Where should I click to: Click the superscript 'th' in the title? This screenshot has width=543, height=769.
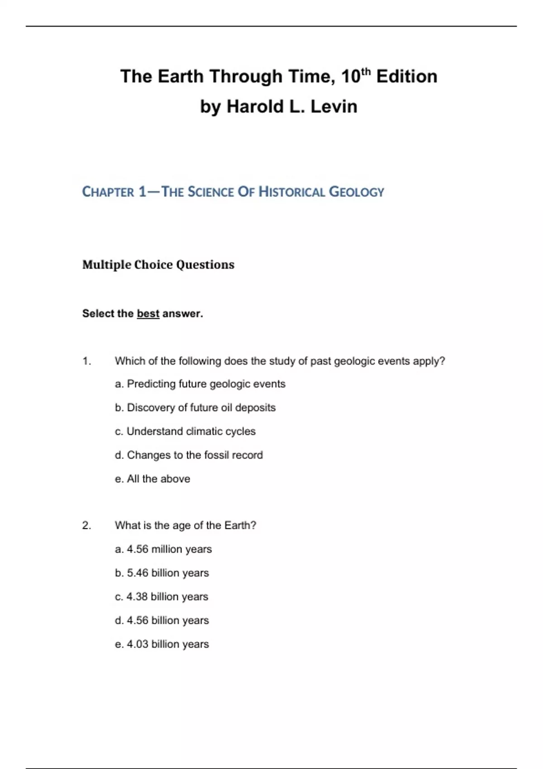click(x=366, y=71)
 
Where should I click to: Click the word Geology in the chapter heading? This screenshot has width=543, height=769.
click(x=356, y=192)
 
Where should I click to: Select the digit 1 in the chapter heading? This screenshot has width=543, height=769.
click(x=143, y=192)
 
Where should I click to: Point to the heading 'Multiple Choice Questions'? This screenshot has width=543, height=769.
click(x=158, y=265)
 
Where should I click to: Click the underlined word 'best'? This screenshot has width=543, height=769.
click(x=148, y=313)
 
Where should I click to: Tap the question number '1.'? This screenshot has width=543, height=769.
click(x=87, y=361)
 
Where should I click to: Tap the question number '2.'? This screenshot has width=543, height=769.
click(x=87, y=525)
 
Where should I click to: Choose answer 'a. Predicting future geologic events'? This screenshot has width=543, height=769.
click(x=200, y=384)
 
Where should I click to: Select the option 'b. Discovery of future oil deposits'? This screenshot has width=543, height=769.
click(x=195, y=408)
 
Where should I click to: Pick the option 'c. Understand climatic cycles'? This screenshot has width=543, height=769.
click(x=185, y=432)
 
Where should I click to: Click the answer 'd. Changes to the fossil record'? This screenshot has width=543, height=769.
click(x=189, y=455)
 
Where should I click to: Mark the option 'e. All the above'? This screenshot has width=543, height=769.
click(x=152, y=479)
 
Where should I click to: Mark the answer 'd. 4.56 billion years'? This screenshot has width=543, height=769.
click(x=162, y=620)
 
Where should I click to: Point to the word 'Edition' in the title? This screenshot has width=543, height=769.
click(x=406, y=76)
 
